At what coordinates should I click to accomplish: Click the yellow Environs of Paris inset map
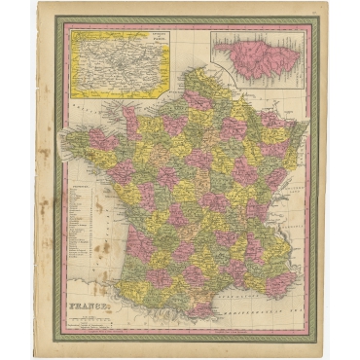click(118, 62)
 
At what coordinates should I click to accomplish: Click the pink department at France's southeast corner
click(281, 283)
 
